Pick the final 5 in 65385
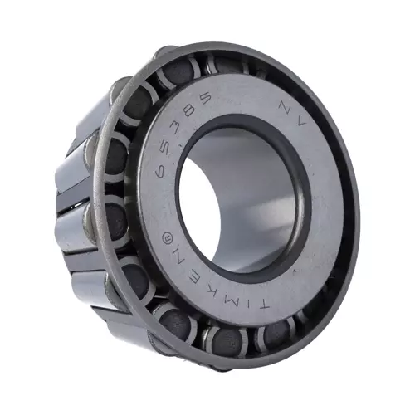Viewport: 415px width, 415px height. point(204,96)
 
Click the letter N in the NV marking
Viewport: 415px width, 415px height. point(285,106)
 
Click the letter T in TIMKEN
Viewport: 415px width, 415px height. point(261,306)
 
